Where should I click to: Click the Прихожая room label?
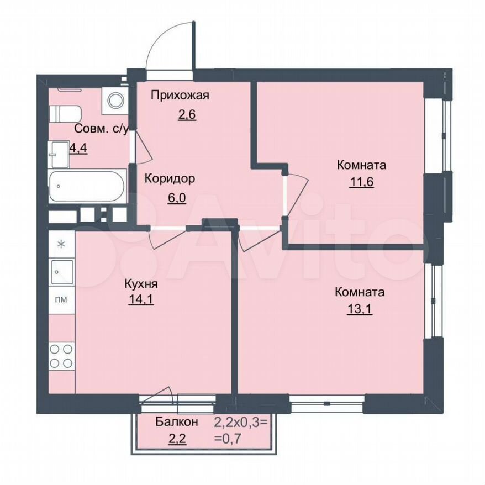180,96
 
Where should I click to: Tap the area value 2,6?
187,114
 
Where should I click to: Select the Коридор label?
170,179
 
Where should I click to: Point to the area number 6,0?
177,197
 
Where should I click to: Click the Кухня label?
141,283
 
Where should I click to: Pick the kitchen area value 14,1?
141,299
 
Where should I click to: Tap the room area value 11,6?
361,182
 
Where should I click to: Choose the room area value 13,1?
360,309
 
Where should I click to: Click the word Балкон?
177,421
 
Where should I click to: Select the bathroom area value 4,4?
78,148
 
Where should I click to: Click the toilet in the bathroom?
65,114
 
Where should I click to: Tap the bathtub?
87,186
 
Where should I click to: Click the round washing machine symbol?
115,100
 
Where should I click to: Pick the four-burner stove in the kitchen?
61,356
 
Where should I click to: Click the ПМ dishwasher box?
61,300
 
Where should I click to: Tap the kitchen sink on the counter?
62,272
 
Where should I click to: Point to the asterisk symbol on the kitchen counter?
61,244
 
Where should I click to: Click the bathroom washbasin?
58,154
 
